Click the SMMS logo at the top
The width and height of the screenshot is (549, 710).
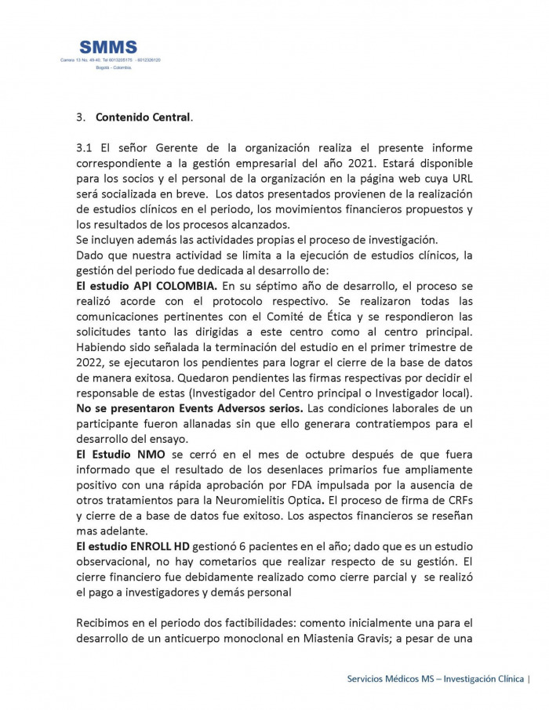[x=108, y=48]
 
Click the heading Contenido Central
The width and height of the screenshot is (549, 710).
[x=143, y=118]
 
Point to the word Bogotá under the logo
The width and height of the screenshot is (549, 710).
[x=102, y=67]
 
